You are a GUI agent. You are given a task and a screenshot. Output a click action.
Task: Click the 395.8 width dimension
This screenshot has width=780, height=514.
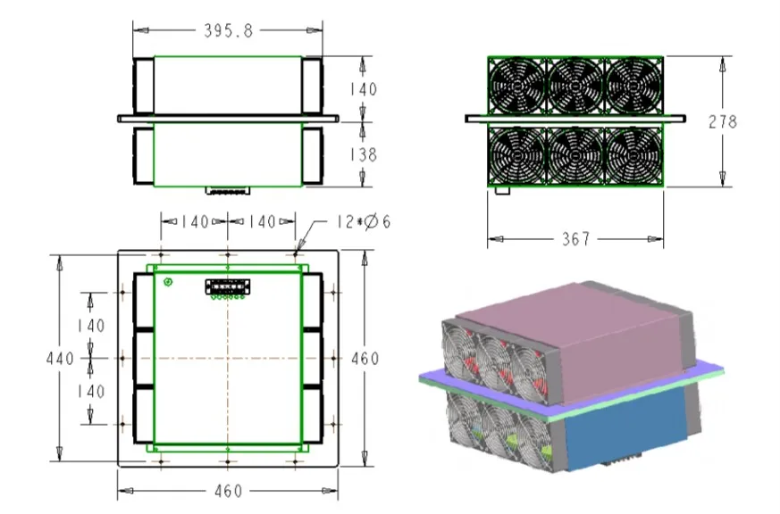[x=229, y=31]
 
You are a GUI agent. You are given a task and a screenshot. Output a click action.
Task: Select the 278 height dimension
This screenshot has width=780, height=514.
[x=722, y=121]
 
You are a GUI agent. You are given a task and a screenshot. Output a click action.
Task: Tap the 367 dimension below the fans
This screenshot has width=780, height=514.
[x=575, y=239]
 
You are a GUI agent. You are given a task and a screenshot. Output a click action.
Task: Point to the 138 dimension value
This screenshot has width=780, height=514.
[x=363, y=155]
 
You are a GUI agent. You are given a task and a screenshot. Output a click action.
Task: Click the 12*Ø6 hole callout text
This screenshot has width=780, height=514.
[x=364, y=221]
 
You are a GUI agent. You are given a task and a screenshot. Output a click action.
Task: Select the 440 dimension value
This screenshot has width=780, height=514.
[x=60, y=359]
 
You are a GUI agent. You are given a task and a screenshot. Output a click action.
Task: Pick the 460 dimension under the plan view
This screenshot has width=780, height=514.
[x=229, y=491]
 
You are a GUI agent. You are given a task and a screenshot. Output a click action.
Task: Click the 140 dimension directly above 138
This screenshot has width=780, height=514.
[x=363, y=89]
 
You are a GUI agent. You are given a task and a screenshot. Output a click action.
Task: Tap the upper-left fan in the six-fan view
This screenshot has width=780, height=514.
[x=517, y=86]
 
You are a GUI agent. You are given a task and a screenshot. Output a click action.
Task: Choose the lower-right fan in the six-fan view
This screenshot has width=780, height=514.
[x=633, y=155]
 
